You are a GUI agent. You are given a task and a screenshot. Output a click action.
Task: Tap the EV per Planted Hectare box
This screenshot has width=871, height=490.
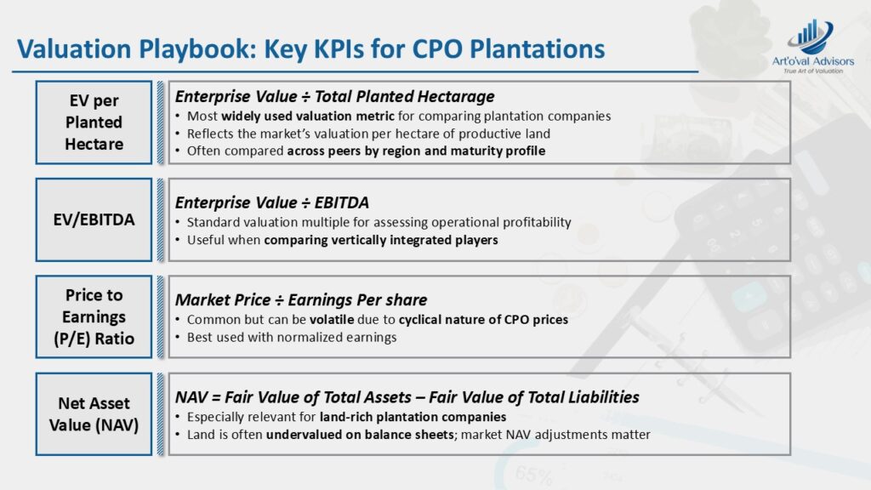pos(94,122)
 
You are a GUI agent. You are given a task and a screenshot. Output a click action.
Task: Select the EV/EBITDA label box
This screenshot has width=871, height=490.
pos(94,219)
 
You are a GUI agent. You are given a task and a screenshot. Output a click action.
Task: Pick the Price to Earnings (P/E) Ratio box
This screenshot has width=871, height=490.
pos(94,316)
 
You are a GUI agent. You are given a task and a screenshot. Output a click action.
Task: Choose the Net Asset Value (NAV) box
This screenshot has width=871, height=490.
pos(94,414)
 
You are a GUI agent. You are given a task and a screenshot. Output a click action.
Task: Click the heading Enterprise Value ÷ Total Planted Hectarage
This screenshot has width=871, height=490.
pos(334,97)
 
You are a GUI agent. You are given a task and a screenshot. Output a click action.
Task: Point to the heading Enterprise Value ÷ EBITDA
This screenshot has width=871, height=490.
pos(271,202)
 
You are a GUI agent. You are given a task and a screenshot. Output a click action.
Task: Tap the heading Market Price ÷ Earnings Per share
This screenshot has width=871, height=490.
pos(301,300)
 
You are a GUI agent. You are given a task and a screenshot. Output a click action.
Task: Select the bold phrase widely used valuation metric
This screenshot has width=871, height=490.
pos(308,116)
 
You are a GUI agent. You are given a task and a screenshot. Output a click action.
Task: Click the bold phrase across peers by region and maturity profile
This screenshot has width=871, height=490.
pos(416,151)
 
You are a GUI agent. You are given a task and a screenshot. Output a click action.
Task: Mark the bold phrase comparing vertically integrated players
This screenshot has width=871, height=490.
pos(381,240)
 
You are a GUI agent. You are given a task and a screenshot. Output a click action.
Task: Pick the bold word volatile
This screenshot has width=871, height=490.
pos(332,320)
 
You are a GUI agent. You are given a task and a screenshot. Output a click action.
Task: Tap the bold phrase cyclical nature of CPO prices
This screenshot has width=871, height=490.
pos(483,320)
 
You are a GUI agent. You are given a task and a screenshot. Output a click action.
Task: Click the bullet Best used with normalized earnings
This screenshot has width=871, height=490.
pos(292,337)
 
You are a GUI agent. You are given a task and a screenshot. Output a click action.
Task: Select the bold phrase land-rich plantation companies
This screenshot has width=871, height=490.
pos(413,417)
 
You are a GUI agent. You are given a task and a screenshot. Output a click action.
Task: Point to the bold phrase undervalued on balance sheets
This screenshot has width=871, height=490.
pos(360,435)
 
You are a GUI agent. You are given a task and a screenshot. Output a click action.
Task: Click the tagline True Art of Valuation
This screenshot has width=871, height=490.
pos(813,71)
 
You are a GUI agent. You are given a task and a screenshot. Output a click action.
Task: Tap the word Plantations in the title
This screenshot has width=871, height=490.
pos(538,48)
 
